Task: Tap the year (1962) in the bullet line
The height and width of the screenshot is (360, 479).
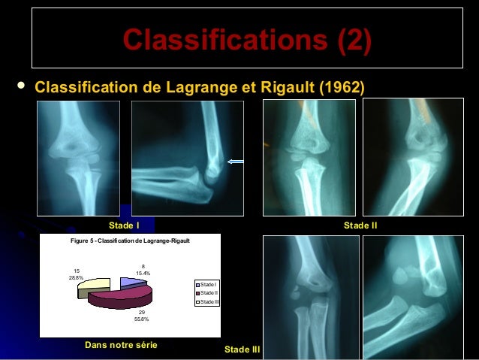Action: (342, 87)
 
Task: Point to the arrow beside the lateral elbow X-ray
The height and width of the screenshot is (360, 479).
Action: (239, 161)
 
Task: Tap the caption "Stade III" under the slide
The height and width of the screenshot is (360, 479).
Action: (242, 350)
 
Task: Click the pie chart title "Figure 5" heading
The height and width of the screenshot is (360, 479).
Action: (129, 240)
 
